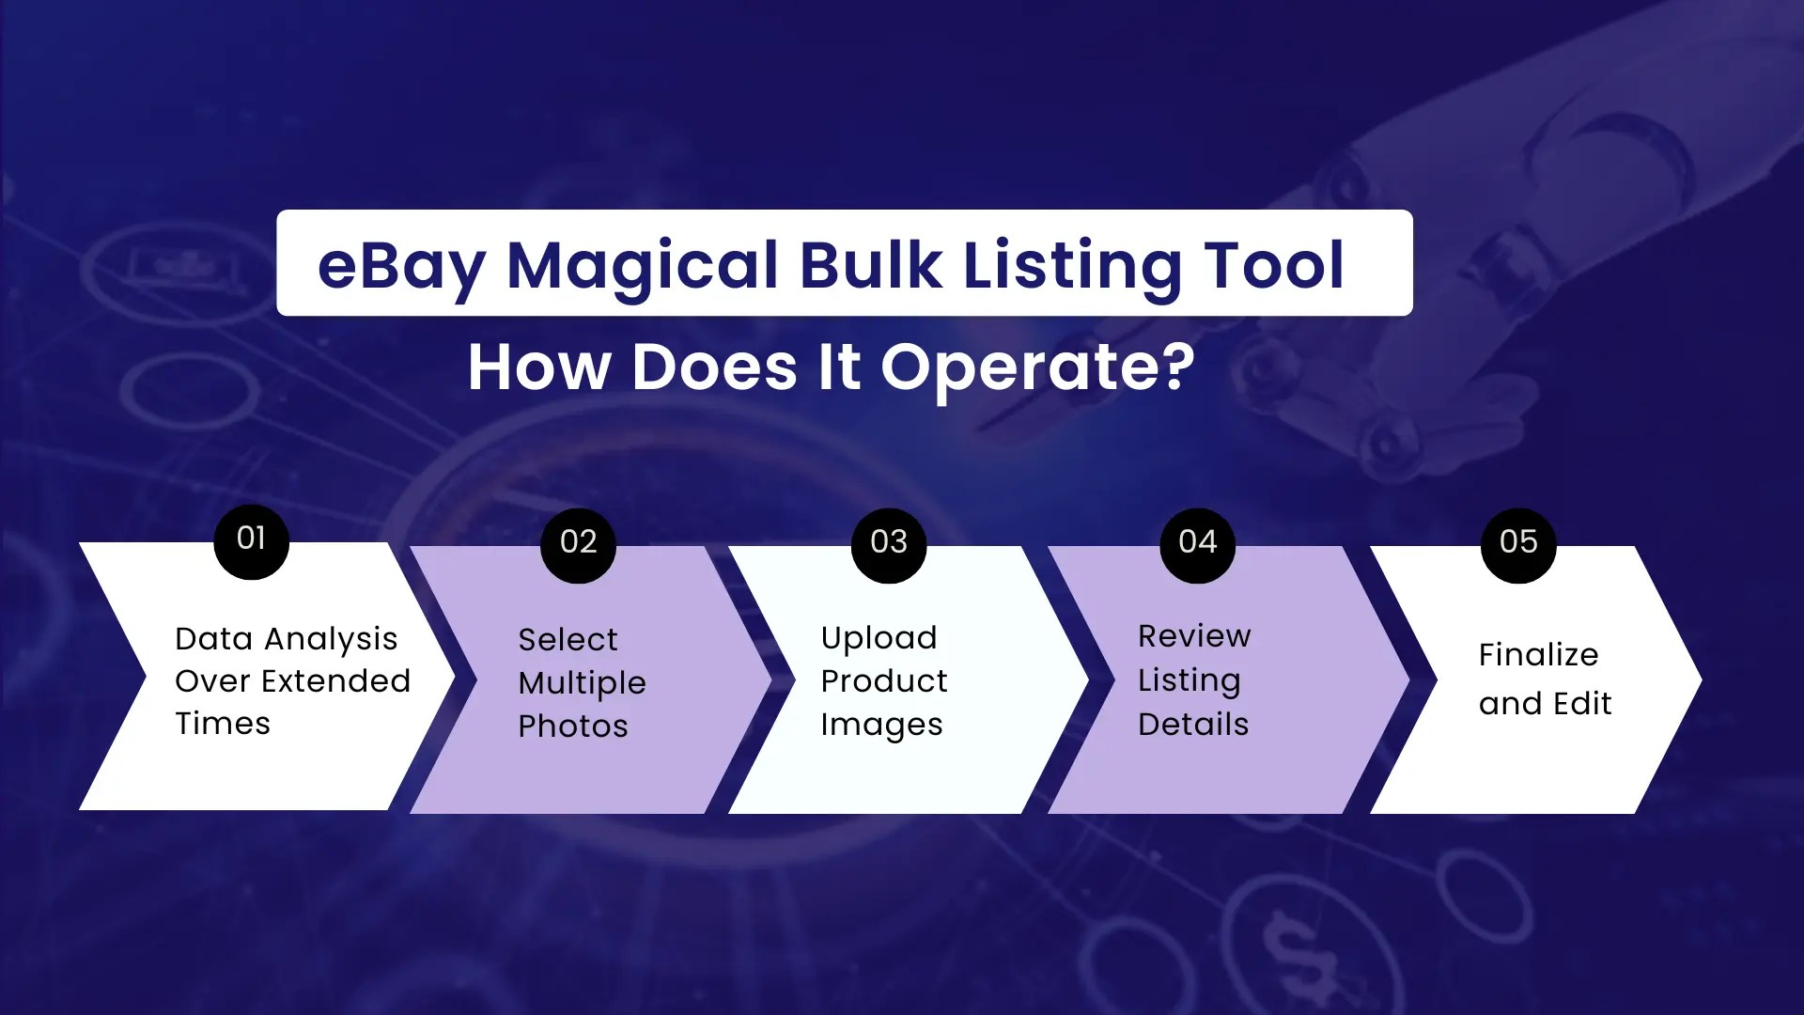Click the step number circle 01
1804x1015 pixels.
point(251,540)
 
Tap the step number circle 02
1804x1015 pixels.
point(578,544)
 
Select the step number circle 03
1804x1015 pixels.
point(889,544)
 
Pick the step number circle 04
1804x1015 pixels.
point(1198,544)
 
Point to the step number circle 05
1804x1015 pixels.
point(1518,544)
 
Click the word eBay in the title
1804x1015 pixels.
point(400,266)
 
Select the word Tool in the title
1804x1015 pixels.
point(1274,266)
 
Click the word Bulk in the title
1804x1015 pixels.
point(871,266)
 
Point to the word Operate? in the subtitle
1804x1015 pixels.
point(1037,367)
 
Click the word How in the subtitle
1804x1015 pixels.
point(539,367)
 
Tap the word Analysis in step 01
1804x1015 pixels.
point(331,640)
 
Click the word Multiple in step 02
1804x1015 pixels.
point(582,684)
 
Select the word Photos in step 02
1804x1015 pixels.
point(573,726)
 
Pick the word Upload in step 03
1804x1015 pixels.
point(879,639)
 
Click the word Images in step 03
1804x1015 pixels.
point(881,726)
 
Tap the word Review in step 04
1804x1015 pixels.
point(1194,637)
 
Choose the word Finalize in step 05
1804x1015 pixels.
point(1538,655)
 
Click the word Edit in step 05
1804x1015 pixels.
point(1583,704)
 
